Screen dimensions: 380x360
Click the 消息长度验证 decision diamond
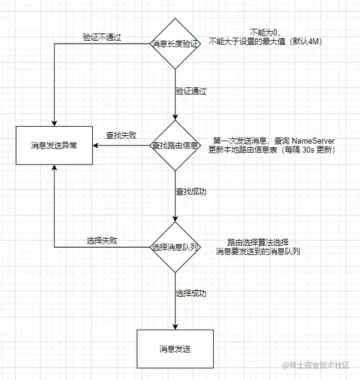(x=174, y=44)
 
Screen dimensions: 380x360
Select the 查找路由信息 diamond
(x=174, y=145)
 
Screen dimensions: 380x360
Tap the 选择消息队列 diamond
(x=174, y=246)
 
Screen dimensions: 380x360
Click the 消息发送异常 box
(x=54, y=145)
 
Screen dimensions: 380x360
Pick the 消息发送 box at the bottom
(x=175, y=348)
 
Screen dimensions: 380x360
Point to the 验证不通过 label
(x=102, y=37)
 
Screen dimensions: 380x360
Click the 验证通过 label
(x=190, y=91)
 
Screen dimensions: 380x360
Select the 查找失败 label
(x=120, y=135)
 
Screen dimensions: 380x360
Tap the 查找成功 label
(x=190, y=192)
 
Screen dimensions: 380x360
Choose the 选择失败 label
(x=102, y=241)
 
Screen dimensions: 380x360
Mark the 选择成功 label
(x=190, y=293)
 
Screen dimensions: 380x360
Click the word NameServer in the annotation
(x=313, y=140)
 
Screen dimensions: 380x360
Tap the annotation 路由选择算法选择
(x=258, y=242)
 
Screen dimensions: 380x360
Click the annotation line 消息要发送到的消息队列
(x=258, y=252)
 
